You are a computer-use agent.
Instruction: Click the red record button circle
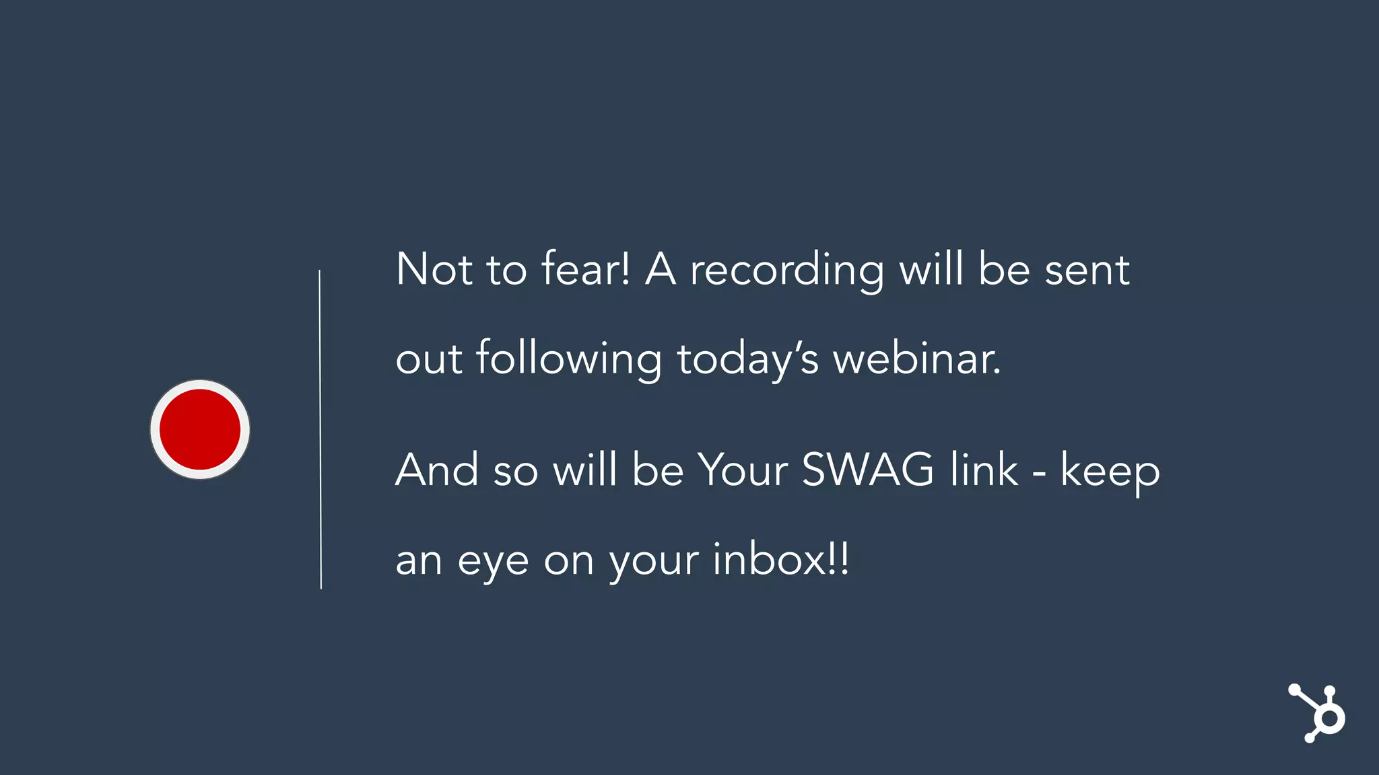(x=200, y=429)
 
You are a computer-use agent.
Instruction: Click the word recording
(x=786, y=271)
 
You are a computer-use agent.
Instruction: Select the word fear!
(x=586, y=268)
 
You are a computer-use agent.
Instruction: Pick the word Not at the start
(x=434, y=269)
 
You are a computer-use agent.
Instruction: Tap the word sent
(x=1087, y=270)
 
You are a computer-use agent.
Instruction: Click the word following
(x=569, y=360)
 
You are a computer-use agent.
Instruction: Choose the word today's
(x=747, y=360)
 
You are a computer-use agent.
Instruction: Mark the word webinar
(x=916, y=359)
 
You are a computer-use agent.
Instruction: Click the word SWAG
(x=868, y=469)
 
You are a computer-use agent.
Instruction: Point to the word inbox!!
(x=780, y=559)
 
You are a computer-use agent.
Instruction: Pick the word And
(x=437, y=470)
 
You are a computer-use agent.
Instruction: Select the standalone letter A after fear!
(x=661, y=269)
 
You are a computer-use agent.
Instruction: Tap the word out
(x=429, y=360)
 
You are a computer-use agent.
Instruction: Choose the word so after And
(x=516, y=472)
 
